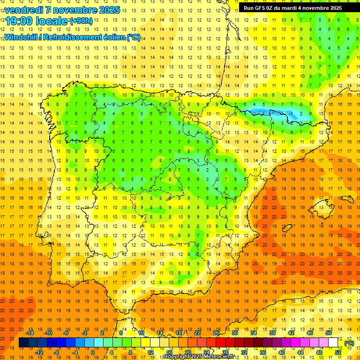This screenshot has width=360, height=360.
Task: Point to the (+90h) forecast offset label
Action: (81, 21)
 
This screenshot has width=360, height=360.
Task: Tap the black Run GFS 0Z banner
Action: (292, 8)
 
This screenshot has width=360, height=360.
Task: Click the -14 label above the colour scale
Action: (30, 333)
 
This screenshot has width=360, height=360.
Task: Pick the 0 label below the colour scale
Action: (93, 352)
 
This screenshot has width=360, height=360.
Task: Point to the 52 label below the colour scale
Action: (338, 352)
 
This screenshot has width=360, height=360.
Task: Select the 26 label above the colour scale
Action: (216, 333)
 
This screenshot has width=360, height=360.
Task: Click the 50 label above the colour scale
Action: (328, 333)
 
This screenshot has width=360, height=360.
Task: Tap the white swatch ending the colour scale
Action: (333, 343)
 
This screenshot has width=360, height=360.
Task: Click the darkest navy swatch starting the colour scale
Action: (23, 343)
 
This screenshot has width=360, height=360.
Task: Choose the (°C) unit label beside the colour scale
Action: (349, 343)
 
